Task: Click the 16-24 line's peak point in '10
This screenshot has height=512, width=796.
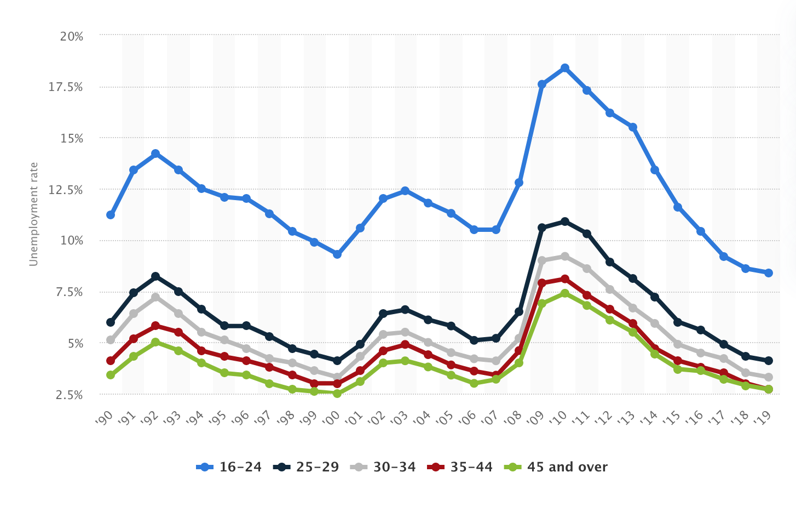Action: (564, 68)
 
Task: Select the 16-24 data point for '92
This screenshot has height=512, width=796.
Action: (155, 153)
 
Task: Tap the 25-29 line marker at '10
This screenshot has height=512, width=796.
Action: (564, 221)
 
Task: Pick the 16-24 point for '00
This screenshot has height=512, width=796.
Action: (337, 254)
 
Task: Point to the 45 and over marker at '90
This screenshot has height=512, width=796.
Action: (111, 375)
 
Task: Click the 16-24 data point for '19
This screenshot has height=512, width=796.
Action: (769, 273)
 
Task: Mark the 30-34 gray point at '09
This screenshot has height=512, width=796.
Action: (542, 260)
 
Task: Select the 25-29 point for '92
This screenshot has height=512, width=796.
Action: (155, 276)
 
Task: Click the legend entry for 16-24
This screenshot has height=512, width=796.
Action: (229, 467)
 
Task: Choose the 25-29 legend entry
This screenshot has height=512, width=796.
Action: (306, 467)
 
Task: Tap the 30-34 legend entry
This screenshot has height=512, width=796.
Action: (383, 467)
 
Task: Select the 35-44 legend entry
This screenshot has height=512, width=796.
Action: (460, 467)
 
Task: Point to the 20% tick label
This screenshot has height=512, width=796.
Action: (72, 36)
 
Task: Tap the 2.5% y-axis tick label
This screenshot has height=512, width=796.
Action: (69, 395)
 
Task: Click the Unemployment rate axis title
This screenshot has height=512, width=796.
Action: (34, 214)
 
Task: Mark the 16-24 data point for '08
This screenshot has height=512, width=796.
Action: (519, 183)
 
